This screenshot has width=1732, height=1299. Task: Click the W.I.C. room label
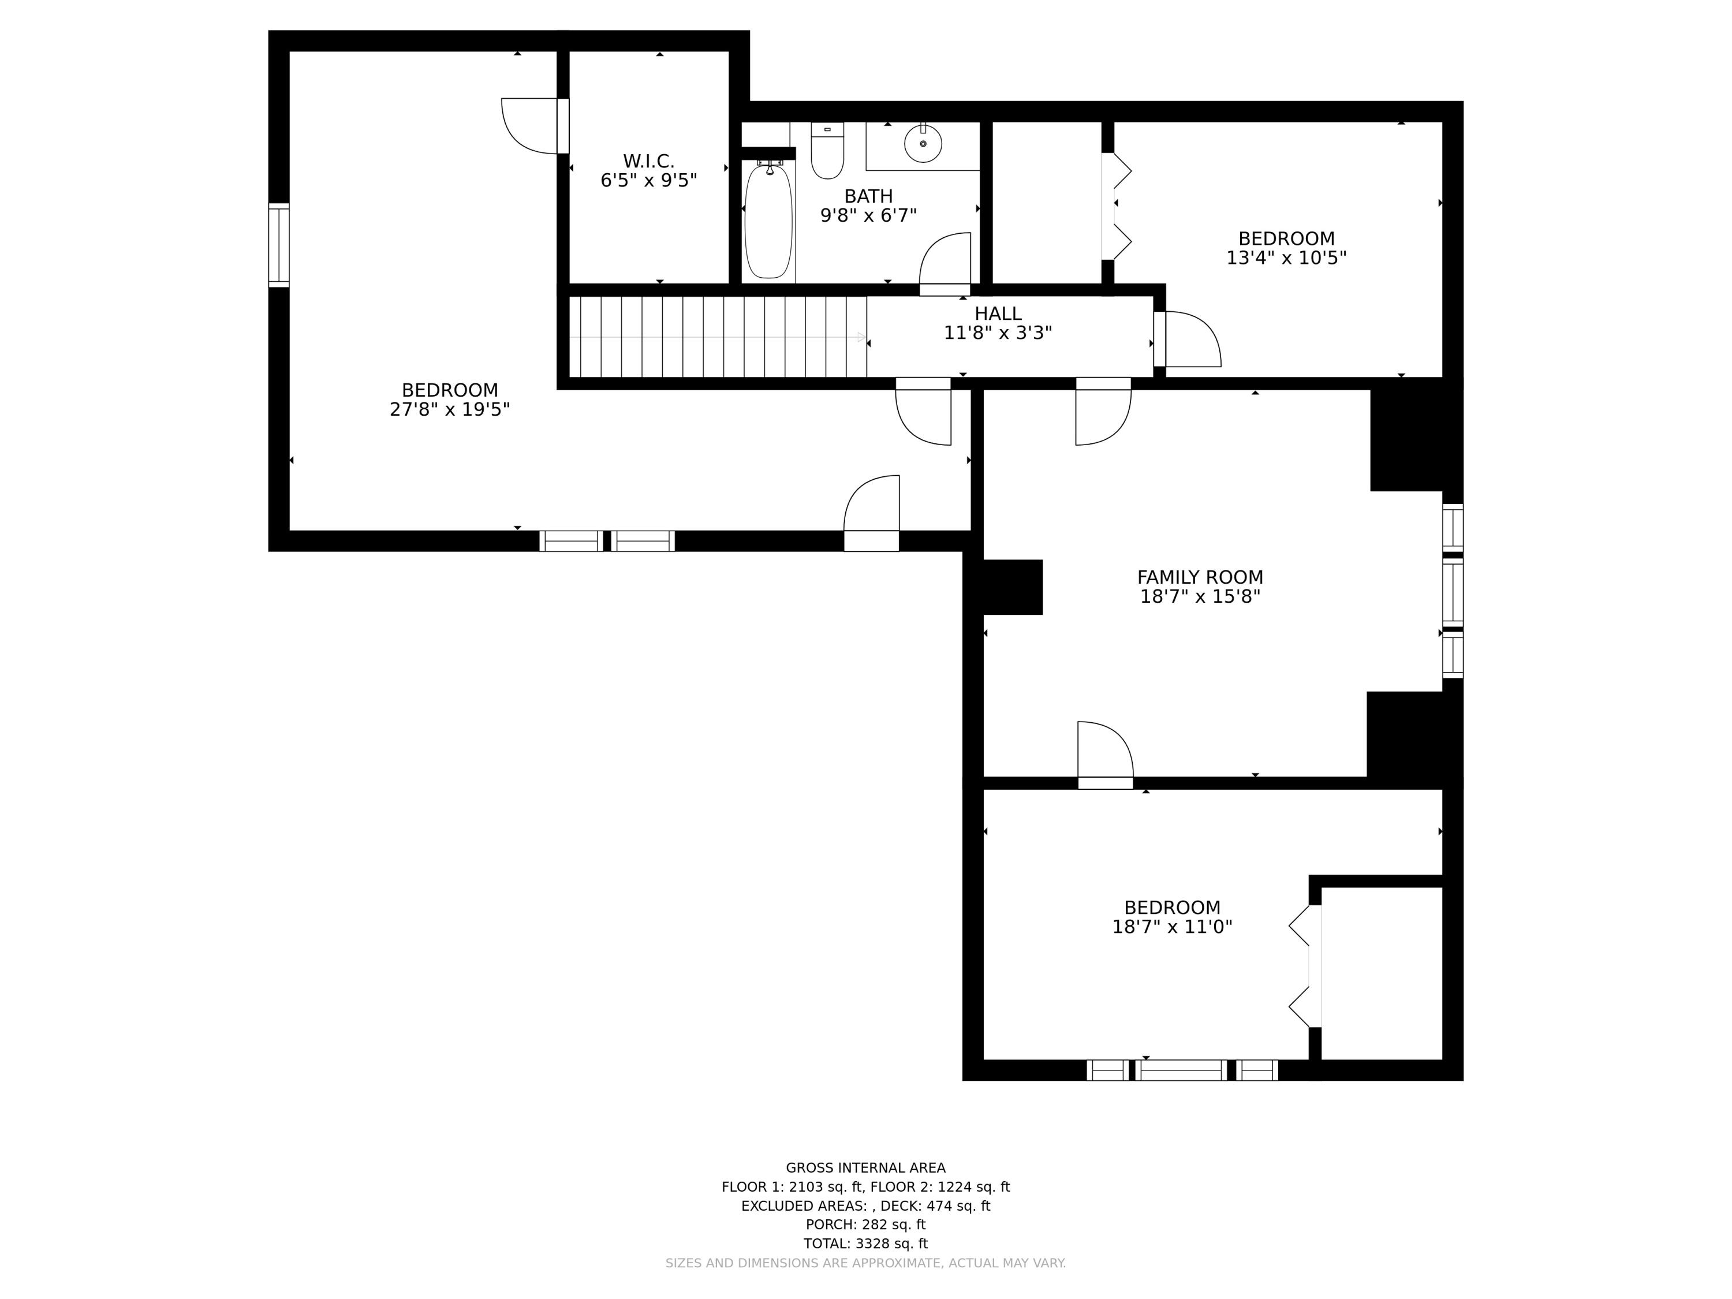648,161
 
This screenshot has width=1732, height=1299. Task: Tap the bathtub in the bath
768,222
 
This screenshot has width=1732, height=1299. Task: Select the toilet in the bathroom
827,152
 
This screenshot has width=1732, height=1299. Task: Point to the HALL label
998,313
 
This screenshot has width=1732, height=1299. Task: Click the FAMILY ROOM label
1200,577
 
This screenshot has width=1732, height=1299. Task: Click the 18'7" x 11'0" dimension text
1172,927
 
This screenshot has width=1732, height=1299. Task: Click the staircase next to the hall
716,337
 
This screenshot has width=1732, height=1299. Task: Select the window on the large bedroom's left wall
279,245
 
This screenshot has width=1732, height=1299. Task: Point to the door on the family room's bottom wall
1105,753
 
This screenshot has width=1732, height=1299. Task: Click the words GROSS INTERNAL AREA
865,1167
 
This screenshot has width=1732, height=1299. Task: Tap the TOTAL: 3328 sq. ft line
865,1244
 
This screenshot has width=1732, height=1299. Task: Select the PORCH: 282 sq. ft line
865,1225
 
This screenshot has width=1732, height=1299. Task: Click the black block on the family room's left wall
1011,587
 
